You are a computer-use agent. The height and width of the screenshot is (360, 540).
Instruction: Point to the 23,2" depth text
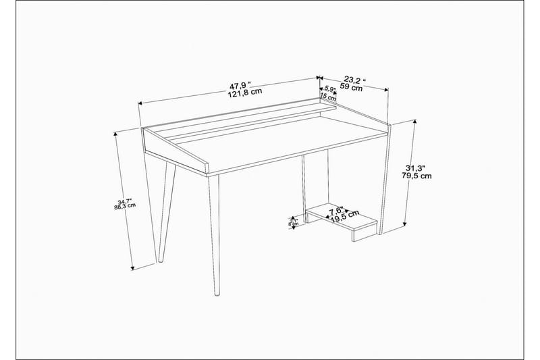click(354, 79)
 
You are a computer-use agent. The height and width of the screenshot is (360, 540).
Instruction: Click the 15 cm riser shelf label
click(328, 97)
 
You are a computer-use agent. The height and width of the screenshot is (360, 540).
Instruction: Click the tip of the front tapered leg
click(215, 295)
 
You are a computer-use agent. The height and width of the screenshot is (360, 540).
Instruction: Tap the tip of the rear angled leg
click(160, 261)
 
